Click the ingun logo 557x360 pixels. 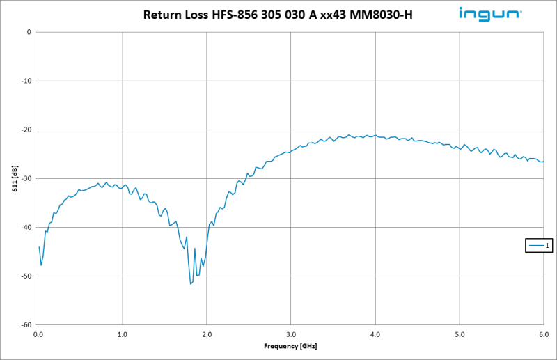pos(490,13)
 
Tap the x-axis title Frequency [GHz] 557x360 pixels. pos(291,346)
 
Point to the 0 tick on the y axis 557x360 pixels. pos(28,32)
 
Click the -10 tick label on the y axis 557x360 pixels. pos(26,81)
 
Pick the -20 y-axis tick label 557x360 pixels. pos(26,130)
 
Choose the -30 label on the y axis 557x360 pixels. pos(26,178)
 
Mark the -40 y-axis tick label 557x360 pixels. pos(26,227)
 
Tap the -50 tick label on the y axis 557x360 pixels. pos(26,276)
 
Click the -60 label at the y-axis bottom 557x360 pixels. pos(26,324)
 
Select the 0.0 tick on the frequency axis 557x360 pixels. pos(38,334)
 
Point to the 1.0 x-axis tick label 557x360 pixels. pos(123,334)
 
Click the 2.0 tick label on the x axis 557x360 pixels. pos(207,334)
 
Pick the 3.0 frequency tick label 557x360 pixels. pos(291,334)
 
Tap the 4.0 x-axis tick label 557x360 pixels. pos(375,334)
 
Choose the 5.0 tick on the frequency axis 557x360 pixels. pos(460,334)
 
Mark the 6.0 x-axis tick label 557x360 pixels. pos(542,334)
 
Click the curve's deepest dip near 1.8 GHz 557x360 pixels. pos(191,283)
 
